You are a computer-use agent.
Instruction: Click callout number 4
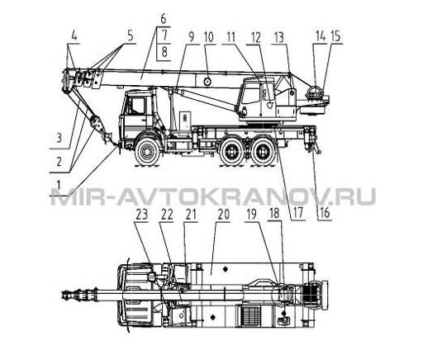74,36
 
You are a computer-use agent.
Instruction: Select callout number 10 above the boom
209,37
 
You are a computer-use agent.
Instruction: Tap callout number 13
279,37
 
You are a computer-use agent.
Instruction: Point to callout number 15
335,36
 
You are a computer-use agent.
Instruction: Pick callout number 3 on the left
59,138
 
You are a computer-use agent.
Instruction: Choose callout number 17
298,213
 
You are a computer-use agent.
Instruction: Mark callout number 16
325,213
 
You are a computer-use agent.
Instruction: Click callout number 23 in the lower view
142,215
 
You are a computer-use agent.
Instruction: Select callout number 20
223,215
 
